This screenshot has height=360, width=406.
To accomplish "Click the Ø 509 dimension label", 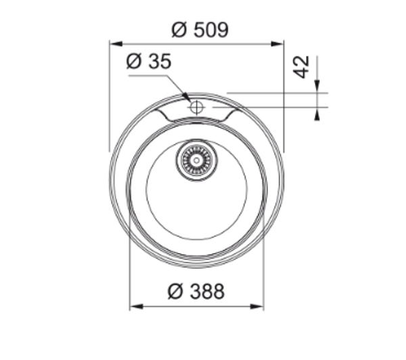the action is click(x=200, y=30).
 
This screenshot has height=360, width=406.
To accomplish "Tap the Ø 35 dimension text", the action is click(x=149, y=62).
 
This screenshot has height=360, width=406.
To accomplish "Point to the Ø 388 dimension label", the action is click(x=196, y=292).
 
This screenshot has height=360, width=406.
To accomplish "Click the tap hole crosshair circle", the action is click(x=196, y=107).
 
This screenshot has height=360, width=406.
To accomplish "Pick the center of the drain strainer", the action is click(x=196, y=160).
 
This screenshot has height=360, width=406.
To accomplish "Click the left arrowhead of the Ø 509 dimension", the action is click(x=116, y=43).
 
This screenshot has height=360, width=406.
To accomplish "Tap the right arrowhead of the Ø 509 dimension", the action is click(x=277, y=43).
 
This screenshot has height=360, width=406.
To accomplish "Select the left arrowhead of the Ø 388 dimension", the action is click(x=136, y=307).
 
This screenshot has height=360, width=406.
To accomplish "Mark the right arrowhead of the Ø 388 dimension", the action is click(x=257, y=307).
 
